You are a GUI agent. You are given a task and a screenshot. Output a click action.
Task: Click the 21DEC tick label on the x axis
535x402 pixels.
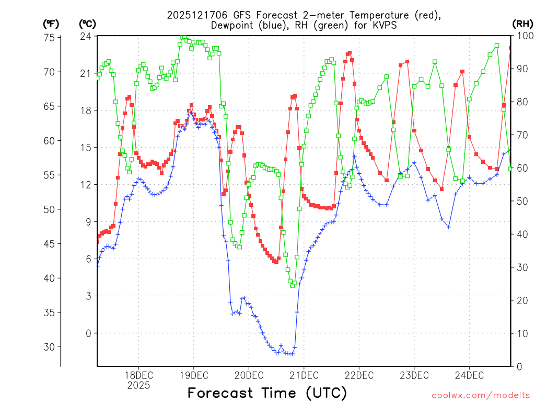click(x=304, y=375)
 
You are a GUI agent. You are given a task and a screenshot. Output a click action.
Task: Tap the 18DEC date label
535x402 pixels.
click(x=138, y=375)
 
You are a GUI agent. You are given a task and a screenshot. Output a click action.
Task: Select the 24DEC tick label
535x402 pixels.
click(x=469, y=375)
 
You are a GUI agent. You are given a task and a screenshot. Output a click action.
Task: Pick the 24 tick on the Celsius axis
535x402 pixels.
click(x=86, y=37)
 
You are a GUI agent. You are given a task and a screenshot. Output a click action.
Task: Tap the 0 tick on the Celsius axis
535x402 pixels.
click(x=88, y=333)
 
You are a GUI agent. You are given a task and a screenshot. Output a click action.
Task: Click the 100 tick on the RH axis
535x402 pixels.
click(x=523, y=37)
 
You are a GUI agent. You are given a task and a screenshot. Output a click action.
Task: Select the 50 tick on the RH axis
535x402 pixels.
click(x=521, y=201)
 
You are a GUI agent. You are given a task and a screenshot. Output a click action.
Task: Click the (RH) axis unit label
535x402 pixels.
click(x=522, y=24)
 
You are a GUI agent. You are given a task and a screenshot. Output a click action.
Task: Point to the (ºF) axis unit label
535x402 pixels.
click(x=51, y=24)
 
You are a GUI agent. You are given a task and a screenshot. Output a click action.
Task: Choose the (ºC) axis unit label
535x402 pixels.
click(x=87, y=24)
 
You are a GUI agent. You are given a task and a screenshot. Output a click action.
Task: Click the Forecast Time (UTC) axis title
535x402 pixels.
click(x=267, y=393)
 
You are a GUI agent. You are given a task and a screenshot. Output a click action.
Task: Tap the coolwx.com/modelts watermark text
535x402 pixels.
click(x=481, y=395)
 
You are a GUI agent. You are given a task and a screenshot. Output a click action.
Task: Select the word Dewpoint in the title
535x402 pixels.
click(x=231, y=26)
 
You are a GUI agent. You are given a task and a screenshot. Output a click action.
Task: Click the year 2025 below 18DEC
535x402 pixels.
click(x=138, y=385)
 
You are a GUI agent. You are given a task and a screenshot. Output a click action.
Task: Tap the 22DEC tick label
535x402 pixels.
click(x=359, y=375)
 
